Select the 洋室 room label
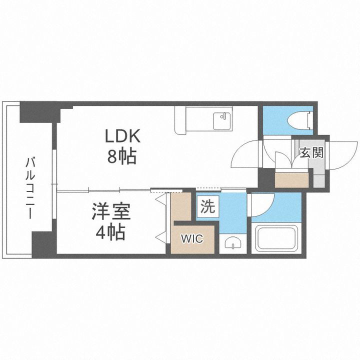tap(110, 212)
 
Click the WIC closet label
tap(192, 239)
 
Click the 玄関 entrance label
tap(311, 152)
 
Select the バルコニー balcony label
tap(30, 187)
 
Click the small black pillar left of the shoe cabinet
tap(267, 178)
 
